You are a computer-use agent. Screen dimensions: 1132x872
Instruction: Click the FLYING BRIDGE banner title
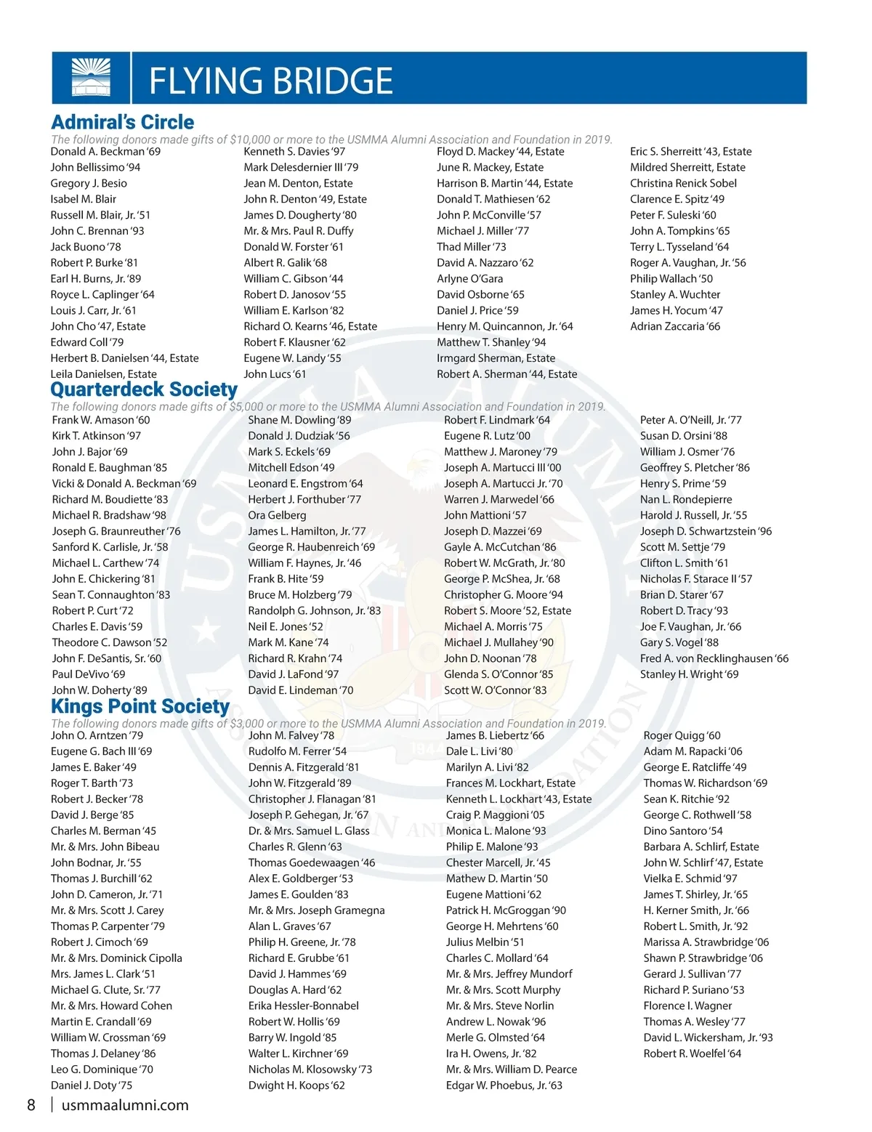[x=270, y=81]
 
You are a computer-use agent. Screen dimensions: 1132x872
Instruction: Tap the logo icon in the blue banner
[x=91, y=77]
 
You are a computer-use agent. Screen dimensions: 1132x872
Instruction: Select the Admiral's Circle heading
[x=123, y=122]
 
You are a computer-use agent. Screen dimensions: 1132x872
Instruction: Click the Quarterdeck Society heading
[x=144, y=389]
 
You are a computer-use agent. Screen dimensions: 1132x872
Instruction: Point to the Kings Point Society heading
[x=140, y=706]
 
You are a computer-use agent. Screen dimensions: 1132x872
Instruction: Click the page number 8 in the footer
[x=31, y=1105]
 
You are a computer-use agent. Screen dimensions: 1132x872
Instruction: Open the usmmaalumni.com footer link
[x=125, y=1105]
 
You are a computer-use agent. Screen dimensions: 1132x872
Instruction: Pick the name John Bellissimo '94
[x=95, y=167]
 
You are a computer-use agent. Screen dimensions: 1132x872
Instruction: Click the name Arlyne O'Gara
[x=469, y=278]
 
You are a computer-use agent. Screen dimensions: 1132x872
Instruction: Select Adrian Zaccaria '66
[x=675, y=326]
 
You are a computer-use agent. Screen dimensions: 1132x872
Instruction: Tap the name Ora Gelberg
[x=277, y=515]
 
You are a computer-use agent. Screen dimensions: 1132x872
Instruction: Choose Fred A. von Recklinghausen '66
[x=714, y=658]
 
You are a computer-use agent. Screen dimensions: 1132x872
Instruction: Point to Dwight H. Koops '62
[x=296, y=1085]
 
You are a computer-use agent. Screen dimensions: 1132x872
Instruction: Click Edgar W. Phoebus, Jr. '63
[x=504, y=1085]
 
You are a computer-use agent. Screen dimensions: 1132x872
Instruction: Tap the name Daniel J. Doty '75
[x=92, y=1085]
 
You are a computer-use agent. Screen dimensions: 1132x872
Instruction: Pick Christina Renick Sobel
[x=683, y=183]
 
